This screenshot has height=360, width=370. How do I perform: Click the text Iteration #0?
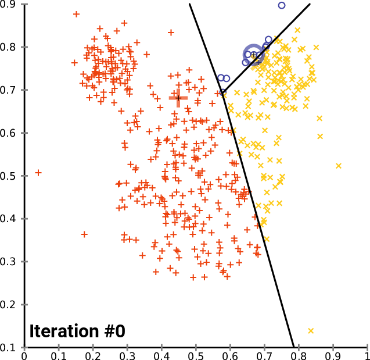tap(77, 332)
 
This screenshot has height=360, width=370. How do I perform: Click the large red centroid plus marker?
tap(178, 98)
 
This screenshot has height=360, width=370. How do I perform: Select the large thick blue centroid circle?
tap(253, 55)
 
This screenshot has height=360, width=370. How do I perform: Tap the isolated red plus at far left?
tap(38, 173)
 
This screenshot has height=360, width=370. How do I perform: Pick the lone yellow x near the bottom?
tap(311, 331)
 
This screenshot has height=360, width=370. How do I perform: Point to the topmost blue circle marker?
tap(282, 5)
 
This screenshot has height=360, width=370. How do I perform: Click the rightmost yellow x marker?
tap(339, 166)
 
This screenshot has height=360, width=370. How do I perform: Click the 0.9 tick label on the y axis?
tap(10, 4)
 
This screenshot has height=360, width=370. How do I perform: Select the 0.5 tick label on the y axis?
tap(10, 176)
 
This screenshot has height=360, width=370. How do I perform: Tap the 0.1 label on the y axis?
tap(10, 347)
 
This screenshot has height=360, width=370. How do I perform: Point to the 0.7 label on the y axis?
tap(10, 90)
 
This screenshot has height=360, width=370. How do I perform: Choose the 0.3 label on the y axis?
tap(10, 262)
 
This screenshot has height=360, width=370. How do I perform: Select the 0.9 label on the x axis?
tap(333, 355)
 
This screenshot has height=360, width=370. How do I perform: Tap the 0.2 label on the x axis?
tap(93, 355)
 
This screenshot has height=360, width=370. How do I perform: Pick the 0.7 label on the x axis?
tap(264, 355)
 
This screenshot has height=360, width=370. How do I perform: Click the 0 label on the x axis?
tap(24, 355)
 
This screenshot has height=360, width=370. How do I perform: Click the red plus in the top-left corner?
tap(76, 14)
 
